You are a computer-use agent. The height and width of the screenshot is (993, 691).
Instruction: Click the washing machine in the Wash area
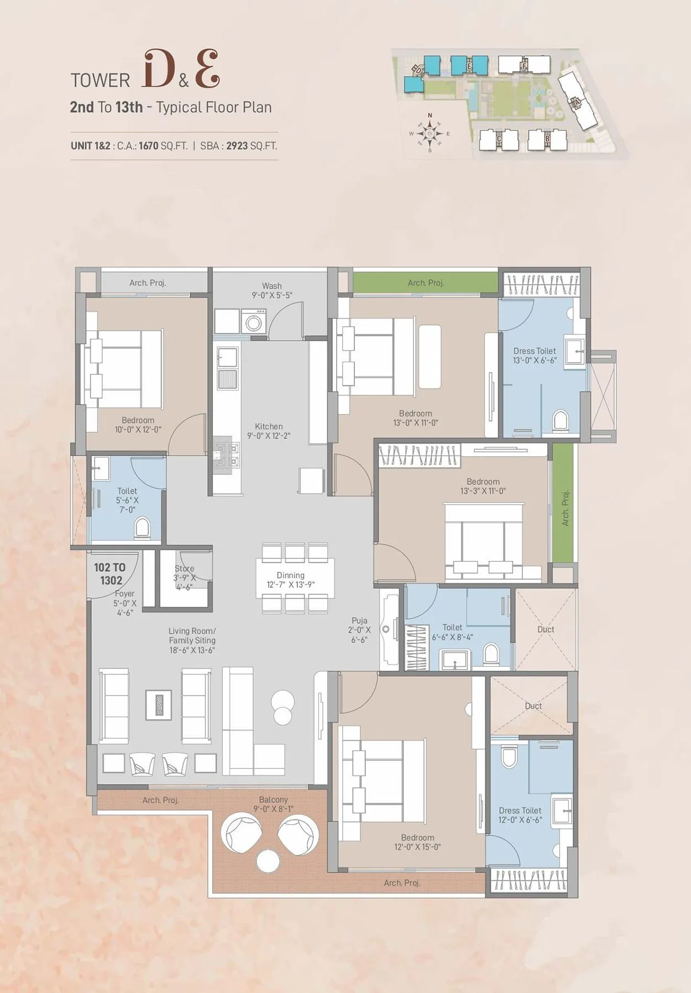tap(253, 321)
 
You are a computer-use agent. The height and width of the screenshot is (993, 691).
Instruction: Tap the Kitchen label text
tap(269, 427)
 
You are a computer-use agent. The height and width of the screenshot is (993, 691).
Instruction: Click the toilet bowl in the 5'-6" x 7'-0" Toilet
tap(142, 529)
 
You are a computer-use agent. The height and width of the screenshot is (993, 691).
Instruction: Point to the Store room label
tap(185, 569)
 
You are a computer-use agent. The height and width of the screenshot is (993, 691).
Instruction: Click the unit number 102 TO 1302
tap(110, 574)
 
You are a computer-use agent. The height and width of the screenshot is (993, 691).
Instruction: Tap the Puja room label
tap(359, 621)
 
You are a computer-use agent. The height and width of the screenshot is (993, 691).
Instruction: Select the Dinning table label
tap(291, 576)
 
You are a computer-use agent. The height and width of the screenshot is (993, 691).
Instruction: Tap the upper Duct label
tap(546, 630)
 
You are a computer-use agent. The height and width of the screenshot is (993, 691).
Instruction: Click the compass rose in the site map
tap(430, 133)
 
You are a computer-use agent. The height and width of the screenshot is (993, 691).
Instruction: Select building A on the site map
tap(575, 101)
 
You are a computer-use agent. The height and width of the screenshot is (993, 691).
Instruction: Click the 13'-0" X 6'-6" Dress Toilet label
tap(535, 356)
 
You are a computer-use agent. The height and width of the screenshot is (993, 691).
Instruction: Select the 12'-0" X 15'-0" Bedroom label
tap(417, 842)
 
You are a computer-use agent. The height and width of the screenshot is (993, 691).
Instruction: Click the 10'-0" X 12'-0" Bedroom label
tap(138, 425)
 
